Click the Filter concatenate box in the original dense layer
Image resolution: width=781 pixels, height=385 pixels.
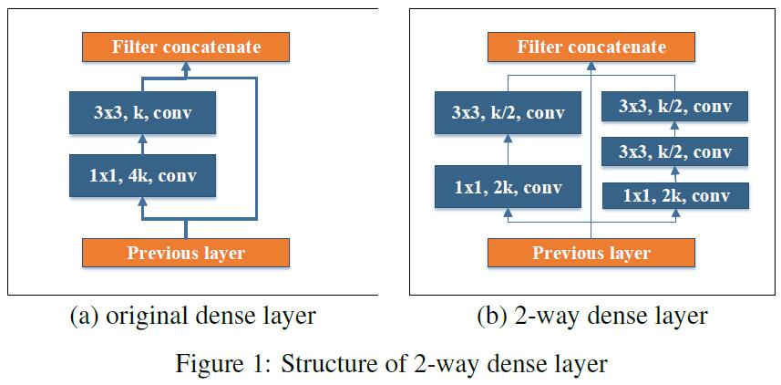pyautogui.click(x=186, y=47)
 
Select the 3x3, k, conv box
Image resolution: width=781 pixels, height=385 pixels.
pyautogui.click(x=142, y=113)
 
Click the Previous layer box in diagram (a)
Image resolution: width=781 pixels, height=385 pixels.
pyautogui.click(x=186, y=253)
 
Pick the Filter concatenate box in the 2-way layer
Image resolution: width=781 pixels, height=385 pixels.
pyautogui.click(x=591, y=47)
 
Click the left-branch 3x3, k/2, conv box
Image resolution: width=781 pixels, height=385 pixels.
pyautogui.click(x=508, y=113)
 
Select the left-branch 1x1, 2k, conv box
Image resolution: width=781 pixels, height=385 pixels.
pyautogui.click(x=508, y=188)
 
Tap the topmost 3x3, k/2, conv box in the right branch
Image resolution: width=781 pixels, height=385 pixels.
pyautogui.click(x=675, y=107)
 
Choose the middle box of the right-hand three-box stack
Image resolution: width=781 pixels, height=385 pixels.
pyautogui.click(x=675, y=151)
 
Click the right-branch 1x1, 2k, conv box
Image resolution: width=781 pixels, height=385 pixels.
pyautogui.click(x=675, y=195)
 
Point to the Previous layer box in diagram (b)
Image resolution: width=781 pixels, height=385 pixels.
pyautogui.click(x=591, y=253)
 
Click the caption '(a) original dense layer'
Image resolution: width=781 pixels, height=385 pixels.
pyautogui.click(x=192, y=317)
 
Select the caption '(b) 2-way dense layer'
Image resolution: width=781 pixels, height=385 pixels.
pyautogui.click(x=591, y=317)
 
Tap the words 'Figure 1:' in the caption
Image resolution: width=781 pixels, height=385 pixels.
pyautogui.click(x=224, y=364)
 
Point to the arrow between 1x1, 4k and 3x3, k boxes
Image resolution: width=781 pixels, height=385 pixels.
pyautogui.click(x=142, y=144)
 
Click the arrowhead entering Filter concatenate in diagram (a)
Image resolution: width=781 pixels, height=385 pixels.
pyautogui.click(x=186, y=67)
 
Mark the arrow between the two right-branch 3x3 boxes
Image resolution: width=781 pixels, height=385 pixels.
pyautogui.click(x=675, y=129)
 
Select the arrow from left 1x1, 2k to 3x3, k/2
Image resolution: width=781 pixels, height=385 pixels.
pyautogui.click(x=508, y=151)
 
